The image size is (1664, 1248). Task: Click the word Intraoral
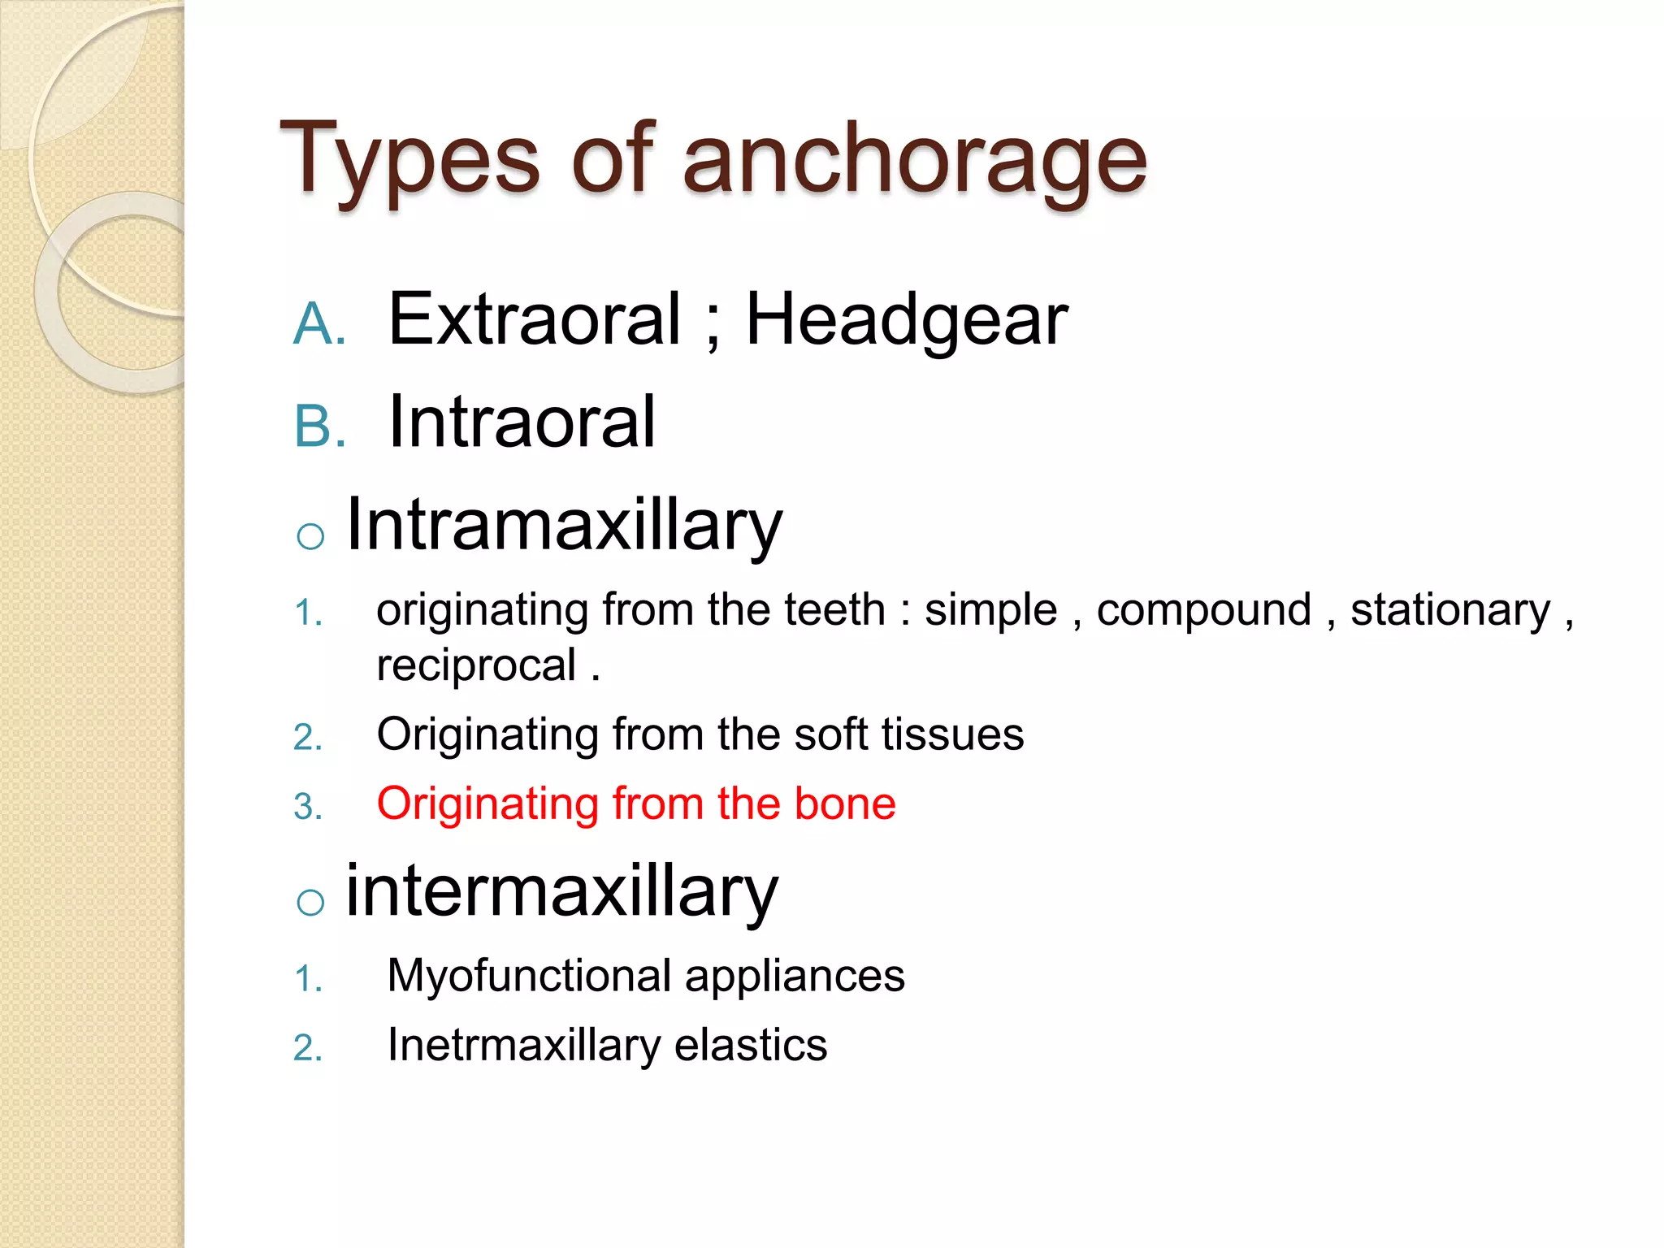(x=522, y=422)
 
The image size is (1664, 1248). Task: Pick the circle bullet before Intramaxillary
(x=310, y=537)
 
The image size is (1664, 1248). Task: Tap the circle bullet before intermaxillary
(x=310, y=902)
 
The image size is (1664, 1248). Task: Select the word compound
(x=1203, y=610)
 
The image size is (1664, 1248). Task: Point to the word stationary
(x=1449, y=610)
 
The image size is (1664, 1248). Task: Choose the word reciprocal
(x=476, y=665)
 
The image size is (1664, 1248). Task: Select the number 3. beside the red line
(x=308, y=807)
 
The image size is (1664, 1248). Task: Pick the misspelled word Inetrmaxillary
(x=523, y=1045)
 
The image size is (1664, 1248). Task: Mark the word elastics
(x=750, y=1045)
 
